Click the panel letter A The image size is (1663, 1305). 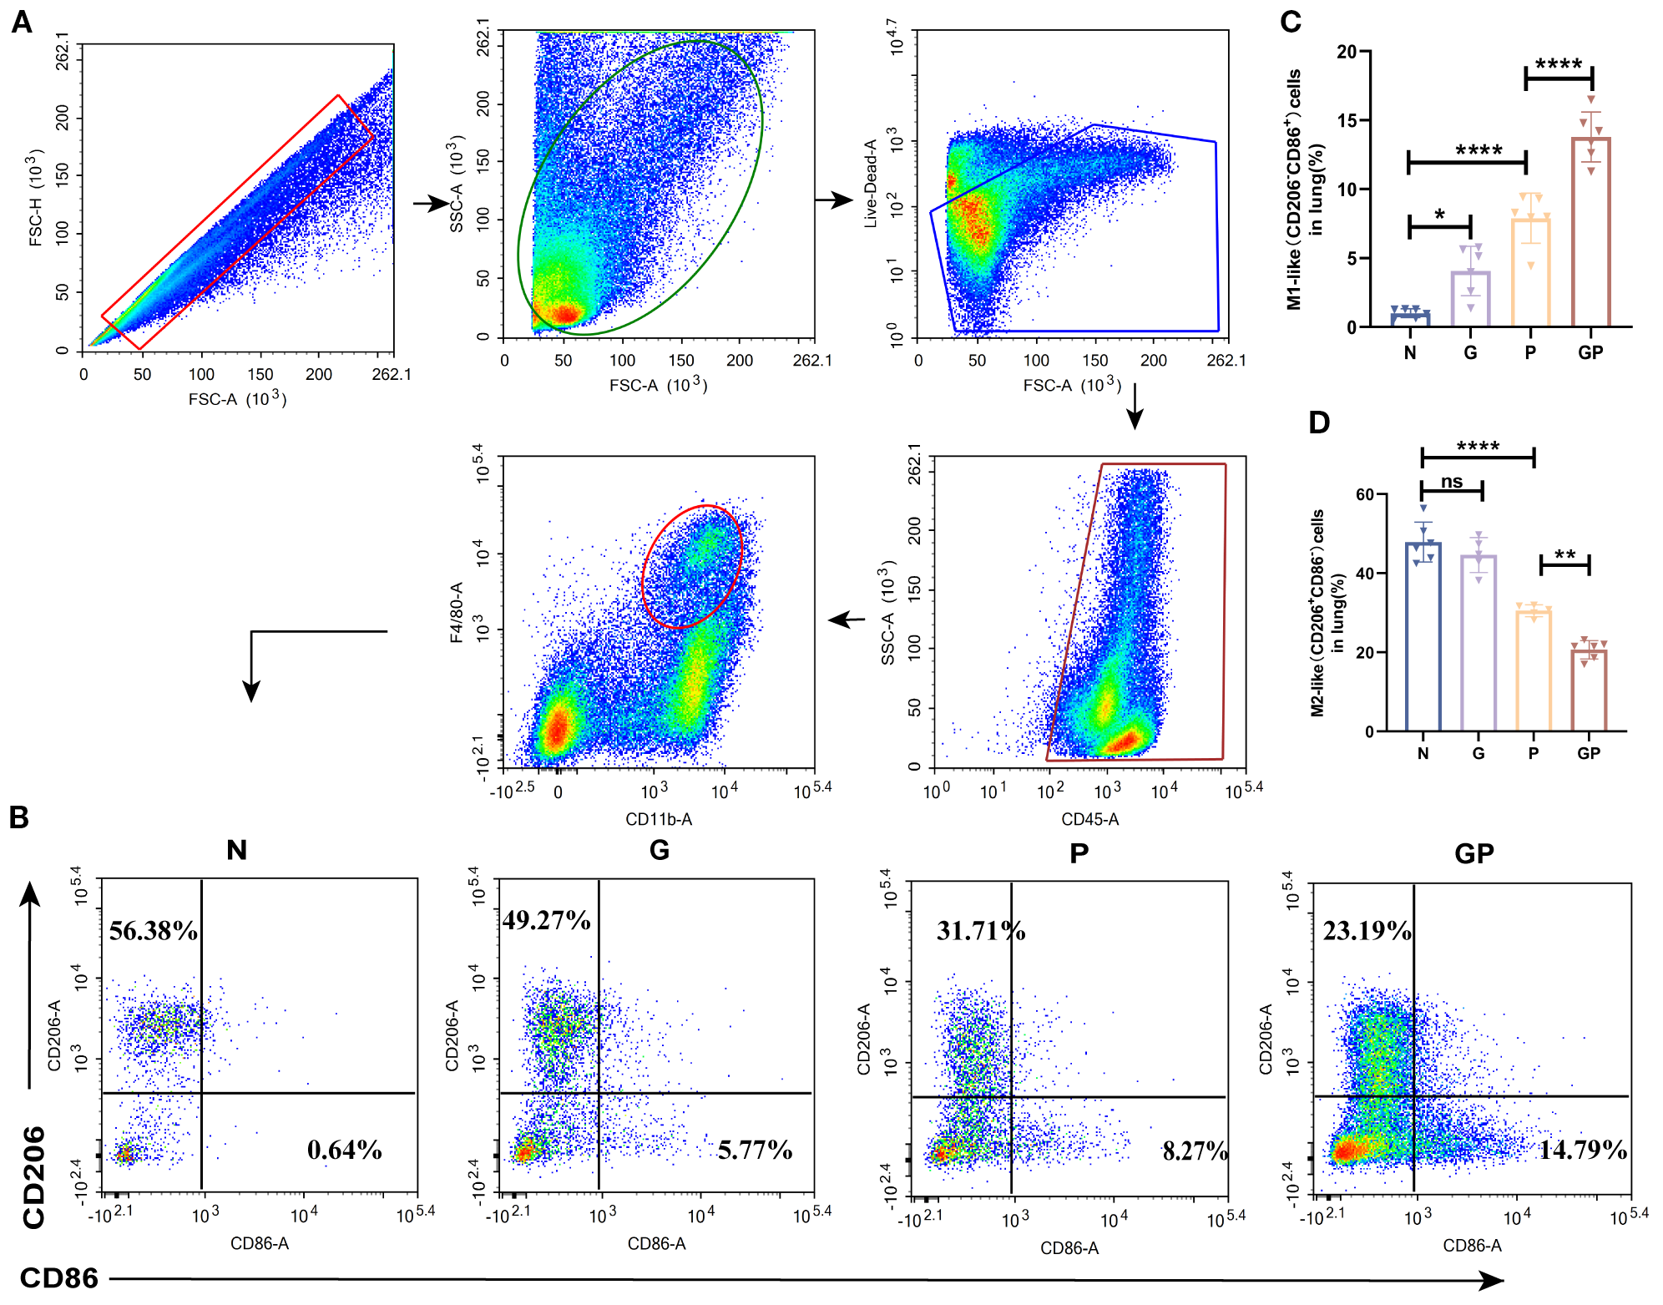pyautogui.click(x=22, y=21)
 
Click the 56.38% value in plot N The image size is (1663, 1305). pyautogui.click(x=154, y=930)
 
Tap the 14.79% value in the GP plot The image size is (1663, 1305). pyautogui.click(x=1583, y=1150)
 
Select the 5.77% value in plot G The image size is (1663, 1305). pyautogui.click(x=755, y=1150)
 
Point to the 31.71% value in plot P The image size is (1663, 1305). pyautogui.click(x=981, y=930)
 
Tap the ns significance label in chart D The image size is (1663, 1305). pyautogui.click(x=1452, y=482)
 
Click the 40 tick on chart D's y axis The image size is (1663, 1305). pyautogui.click(x=1364, y=574)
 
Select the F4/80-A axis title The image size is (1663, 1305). pyautogui.click(x=456, y=613)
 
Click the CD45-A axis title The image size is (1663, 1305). pyautogui.click(x=1089, y=819)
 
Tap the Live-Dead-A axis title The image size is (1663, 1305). pyautogui.click(x=871, y=184)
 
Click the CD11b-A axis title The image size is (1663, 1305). pyautogui.click(x=659, y=819)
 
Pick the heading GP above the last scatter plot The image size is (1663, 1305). pyautogui.click(x=1473, y=853)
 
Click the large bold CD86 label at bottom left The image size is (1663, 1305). pyautogui.click(x=59, y=1277)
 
